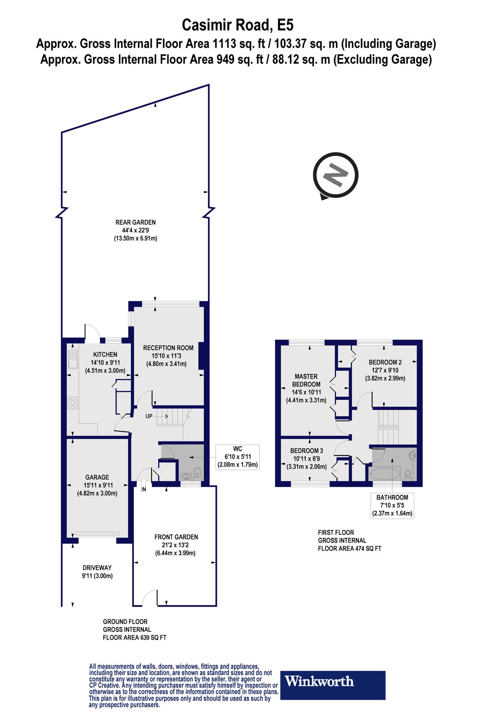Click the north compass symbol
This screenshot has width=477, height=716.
(336, 175)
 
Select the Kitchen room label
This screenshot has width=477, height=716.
(105, 354)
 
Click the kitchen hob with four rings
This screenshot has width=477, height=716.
(72, 403)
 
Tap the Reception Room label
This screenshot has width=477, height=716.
(168, 348)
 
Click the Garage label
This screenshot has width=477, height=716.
(97, 477)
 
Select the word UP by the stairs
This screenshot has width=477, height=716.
(149, 416)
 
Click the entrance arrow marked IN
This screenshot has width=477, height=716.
(143, 483)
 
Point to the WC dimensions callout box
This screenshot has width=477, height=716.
(237, 457)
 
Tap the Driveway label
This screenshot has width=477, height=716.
(97, 568)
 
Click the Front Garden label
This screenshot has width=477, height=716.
(176, 537)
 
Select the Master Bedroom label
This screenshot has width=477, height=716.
(306, 380)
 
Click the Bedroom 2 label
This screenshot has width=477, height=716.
(385, 362)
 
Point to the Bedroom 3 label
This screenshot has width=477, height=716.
(306, 451)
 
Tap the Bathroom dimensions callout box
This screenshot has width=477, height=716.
(392, 505)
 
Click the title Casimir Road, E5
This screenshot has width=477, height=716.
(238, 25)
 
